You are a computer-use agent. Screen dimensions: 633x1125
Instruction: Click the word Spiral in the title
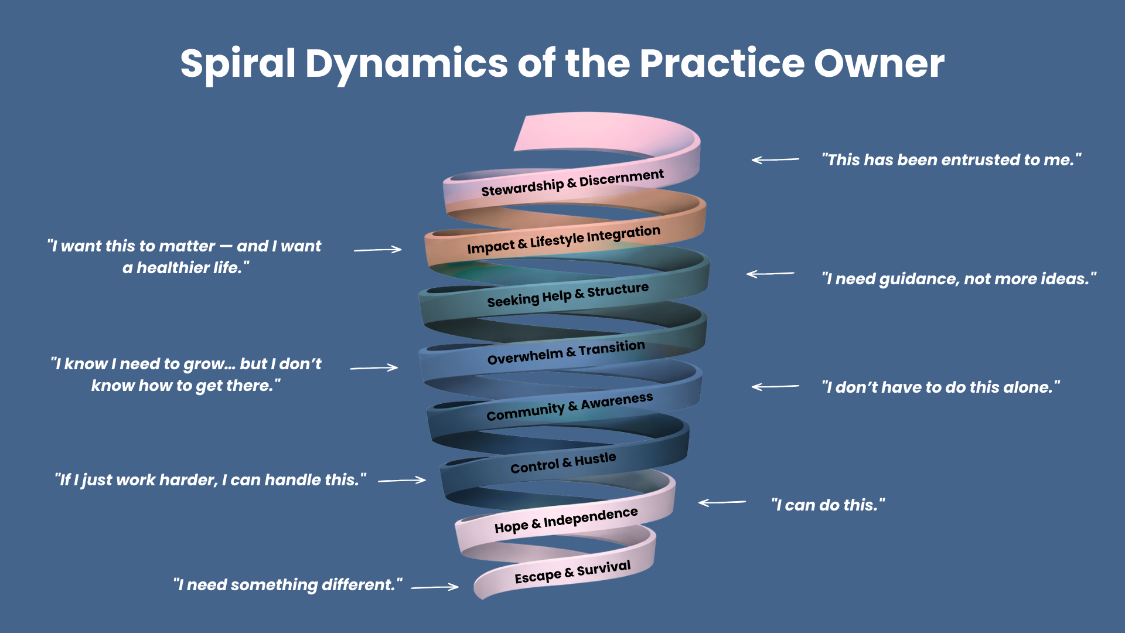tap(237, 63)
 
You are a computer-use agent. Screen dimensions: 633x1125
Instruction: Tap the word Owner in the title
tap(878, 63)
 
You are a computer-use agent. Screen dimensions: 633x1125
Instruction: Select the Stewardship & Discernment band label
tap(572, 183)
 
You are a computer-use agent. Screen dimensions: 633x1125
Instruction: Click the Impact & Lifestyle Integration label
tap(563, 240)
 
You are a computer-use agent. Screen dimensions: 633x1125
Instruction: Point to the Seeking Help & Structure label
tap(568, 295)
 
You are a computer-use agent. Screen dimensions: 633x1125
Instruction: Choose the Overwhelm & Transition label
tap(566, 352)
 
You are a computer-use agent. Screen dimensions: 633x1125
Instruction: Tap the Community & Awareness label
tap(569, 406)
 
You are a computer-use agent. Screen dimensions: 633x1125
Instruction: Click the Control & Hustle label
tap(563, 462)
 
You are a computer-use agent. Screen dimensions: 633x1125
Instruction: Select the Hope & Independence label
tap(566, 520)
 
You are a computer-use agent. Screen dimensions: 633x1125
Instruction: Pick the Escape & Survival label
tap(572, 571)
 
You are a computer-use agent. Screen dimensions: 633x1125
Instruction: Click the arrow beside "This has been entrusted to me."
tap(775, 159)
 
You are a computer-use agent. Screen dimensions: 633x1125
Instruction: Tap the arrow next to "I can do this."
tap(722, 502)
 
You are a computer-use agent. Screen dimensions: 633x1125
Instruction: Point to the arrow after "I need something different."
tap(435, 586)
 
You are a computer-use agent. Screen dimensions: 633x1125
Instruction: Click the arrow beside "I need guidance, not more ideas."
tap(770, 274)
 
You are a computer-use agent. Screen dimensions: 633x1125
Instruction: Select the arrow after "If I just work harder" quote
tap(402, 480)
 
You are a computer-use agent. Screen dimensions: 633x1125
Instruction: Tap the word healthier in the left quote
tap(173, 268)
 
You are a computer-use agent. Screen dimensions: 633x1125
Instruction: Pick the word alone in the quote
tap(1028, 387)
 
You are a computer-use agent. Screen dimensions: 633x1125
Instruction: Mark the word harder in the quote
tap(188, 480)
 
